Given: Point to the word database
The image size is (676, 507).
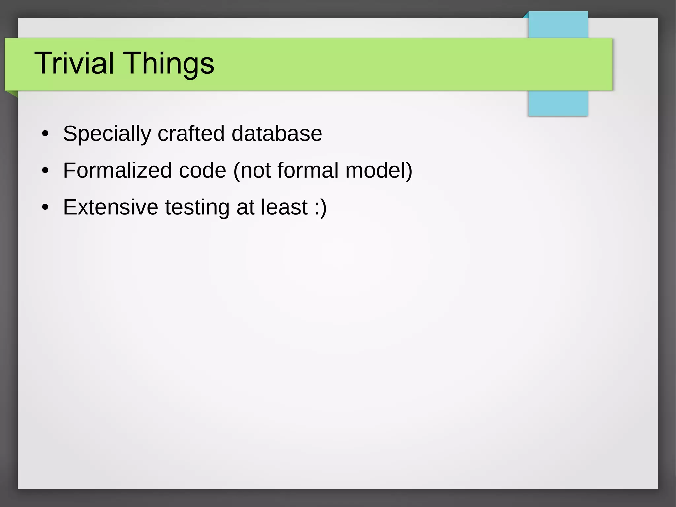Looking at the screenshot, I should click(x=277, y=133).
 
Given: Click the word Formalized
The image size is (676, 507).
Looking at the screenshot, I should click(x=117, y=170).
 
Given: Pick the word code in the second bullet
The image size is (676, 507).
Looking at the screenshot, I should click(x=202, y=170).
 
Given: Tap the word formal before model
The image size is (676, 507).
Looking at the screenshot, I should click(x=308, y=170).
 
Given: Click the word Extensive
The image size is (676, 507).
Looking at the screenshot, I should click(x=111, y=207).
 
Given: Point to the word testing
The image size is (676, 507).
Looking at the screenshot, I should click(x=197, y=208).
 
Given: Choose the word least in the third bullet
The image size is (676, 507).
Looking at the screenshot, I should click(x=285, y=207).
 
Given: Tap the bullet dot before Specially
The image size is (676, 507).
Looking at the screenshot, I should click(x=45, y=134).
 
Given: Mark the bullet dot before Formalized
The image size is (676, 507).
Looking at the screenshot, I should click(x=45, y=171).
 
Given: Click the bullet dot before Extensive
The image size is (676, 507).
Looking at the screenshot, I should click(x=45, y=208).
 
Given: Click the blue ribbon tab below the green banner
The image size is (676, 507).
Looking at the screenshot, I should click(x=558, y=103).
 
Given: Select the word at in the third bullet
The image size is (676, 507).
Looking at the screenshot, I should click(x=245, y=207).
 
